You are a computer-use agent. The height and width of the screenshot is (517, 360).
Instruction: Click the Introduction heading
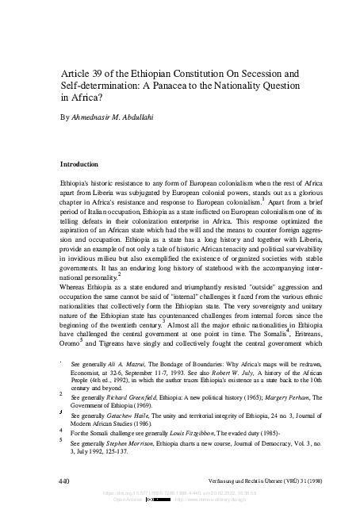85,164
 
